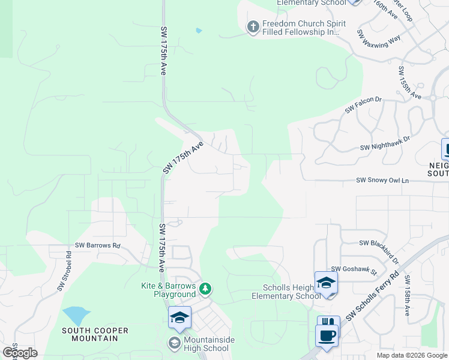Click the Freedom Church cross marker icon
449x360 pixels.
[253, 27]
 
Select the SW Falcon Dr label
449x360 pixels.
[363, 104]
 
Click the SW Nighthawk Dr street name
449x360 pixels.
[385, 143]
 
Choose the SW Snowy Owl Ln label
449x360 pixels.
[382, 180]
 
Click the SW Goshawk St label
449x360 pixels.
[354, 270]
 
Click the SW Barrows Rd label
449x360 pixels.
[98, 245]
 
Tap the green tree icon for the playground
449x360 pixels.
[206, 289]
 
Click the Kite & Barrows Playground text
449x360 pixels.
[169, 290]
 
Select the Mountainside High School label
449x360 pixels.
[203, 344]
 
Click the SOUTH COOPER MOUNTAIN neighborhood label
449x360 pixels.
[89, 334]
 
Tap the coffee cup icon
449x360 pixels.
[327, 337]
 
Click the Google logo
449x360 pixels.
[20, 353]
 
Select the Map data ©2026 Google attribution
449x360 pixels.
[412, 355]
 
